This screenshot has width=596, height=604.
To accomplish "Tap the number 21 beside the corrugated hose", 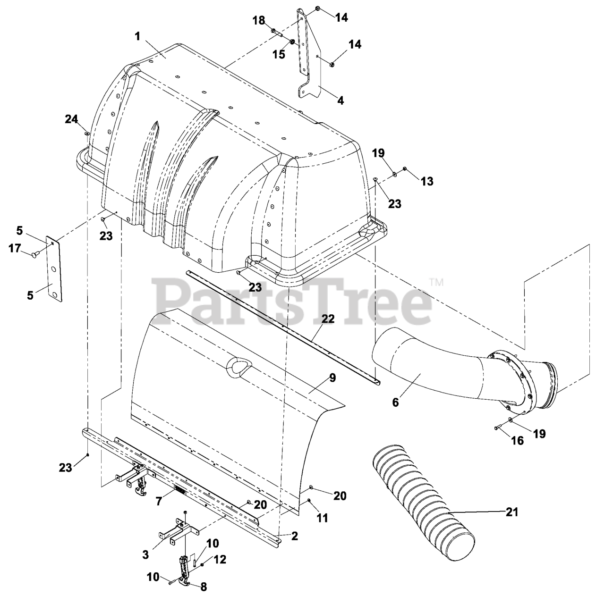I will click(511, 512).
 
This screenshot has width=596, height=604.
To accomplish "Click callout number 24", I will click(71, 120).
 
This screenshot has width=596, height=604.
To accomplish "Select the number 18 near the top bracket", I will click(259, 20).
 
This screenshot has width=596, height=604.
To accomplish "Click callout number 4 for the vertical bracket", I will click(340, 101).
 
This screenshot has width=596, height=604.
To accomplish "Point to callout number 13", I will click(426, 181).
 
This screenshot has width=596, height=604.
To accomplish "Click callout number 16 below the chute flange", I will click(518, 440).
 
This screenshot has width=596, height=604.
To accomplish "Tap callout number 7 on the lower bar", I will click(159, 501).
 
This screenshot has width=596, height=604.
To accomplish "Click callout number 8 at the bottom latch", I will click(204, 587).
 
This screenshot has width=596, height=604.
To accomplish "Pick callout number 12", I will click(220, 560).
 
